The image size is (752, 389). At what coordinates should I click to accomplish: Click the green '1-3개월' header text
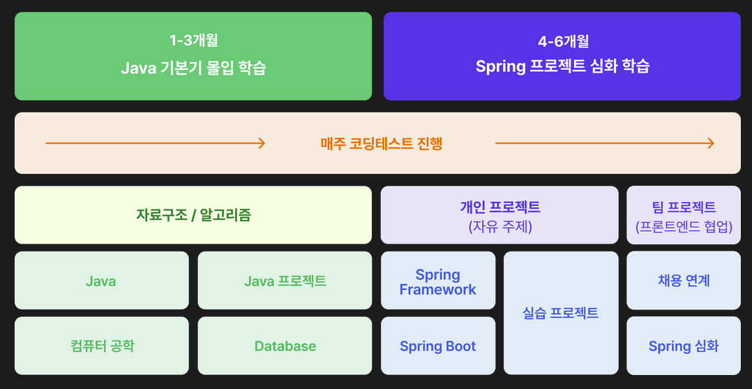tap(193, 41)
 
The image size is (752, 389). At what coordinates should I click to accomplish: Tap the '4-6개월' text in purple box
tap(562, 41)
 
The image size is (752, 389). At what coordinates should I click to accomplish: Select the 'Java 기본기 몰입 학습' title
tap(193, 68)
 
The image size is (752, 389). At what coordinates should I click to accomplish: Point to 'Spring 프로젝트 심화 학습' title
tap(562, 67)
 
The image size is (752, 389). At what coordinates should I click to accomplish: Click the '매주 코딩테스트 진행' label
tap(382, 144)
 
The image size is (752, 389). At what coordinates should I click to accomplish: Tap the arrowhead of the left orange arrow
tap(262, 143)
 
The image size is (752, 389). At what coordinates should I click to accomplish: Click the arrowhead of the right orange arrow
tap(710, 143)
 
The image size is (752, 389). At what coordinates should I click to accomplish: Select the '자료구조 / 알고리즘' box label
tap(193, 214)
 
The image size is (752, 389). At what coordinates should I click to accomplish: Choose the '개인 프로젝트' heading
tap(499, 207)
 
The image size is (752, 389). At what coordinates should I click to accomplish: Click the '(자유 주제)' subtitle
tap(499, 226)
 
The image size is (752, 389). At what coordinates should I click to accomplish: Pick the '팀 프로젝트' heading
tap(684, 207)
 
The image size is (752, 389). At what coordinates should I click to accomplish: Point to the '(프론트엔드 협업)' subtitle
tap(684, 226)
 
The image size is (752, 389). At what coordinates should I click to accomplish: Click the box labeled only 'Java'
tap(101, 281)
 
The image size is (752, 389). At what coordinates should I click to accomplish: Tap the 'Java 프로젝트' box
tap(285, 281)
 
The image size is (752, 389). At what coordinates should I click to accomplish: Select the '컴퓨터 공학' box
tap(101, 346)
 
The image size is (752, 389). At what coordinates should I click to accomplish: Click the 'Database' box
tap(285, 346)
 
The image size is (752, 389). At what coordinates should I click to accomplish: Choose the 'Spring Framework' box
tap(438, 281)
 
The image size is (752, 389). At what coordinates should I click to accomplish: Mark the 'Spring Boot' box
tap(438, 346)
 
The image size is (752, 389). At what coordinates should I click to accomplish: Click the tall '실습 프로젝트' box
tap(561, 313)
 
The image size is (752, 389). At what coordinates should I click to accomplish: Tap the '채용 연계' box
tap(684, 281)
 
